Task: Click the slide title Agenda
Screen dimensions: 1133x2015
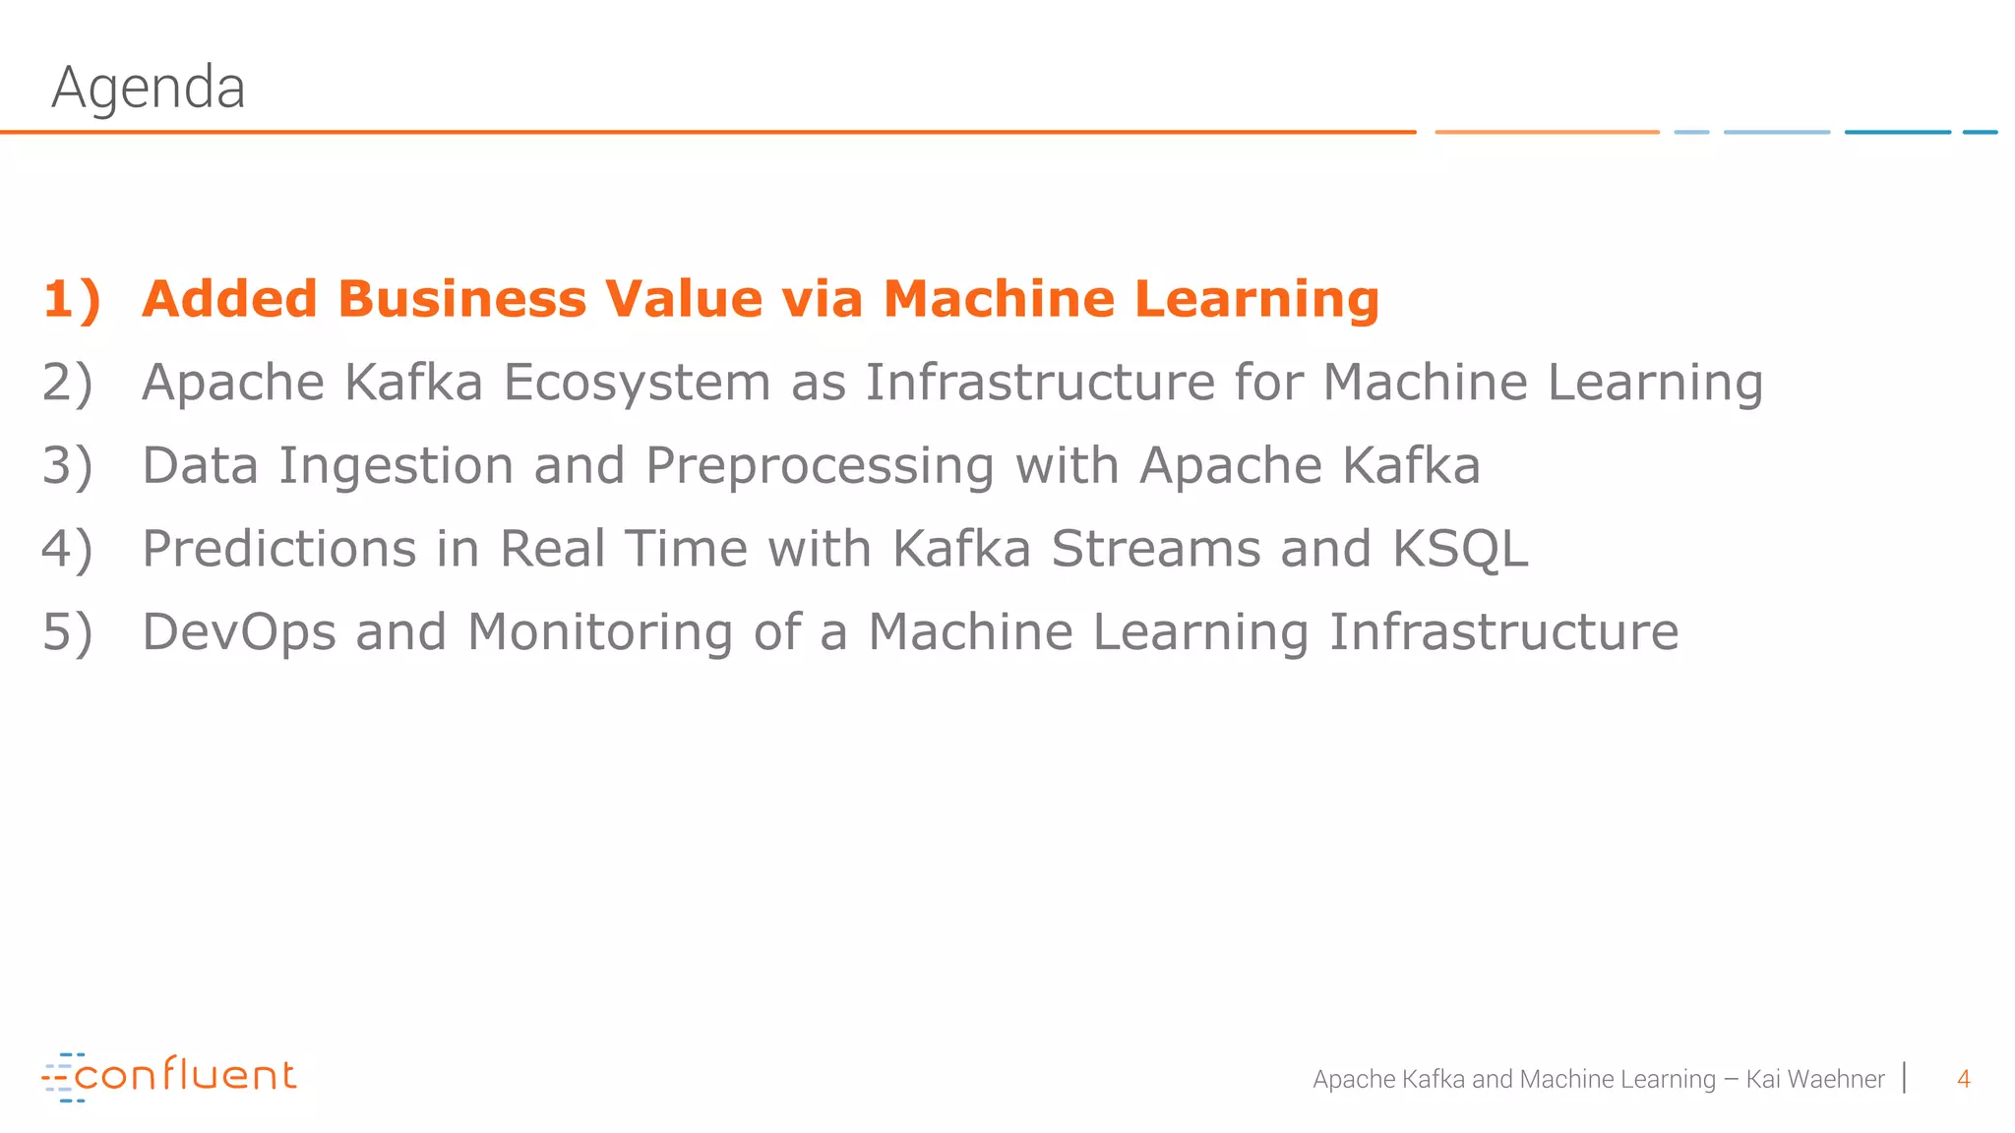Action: coord(148,88)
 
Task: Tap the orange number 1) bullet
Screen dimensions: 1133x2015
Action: coord(72,299)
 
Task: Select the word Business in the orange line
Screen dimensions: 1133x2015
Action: coord(461,299)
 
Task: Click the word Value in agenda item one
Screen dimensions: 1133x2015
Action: coord(684,299)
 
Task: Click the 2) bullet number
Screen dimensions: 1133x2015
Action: coord(67,383)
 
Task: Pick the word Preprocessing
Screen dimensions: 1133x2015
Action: coord(820,466)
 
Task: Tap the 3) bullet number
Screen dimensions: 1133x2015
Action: coord(67,466)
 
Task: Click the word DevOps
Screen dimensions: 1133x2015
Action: coord(239,632)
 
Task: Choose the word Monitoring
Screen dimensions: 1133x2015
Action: coord(600,632)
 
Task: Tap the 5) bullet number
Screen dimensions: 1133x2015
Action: coord(67,632)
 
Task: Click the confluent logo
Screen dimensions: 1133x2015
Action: coord(168,1076)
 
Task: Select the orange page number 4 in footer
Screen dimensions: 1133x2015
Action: coord(1963,1079)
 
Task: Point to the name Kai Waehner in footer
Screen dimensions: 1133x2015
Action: coord(1815,1079)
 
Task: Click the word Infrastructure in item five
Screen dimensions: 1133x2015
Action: coord(1503,632)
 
